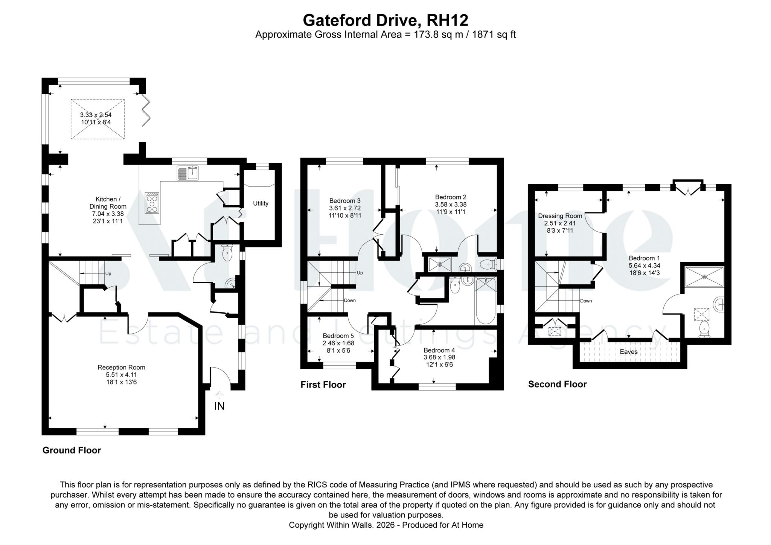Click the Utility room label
(x=261, y=203)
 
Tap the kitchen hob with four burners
(x=152, y=203)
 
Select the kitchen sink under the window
(x=187, y=173)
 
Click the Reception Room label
(x=121, y=367)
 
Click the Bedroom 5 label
(x=338, y=336)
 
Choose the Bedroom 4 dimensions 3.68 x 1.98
(x=439, y=357)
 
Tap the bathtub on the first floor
(x=485, y=301)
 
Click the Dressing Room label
(x=560, y=216)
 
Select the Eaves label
(x=628, y=352)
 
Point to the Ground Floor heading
(x=72, y=450)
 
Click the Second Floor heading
(x=557, y=384)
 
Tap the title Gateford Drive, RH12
(x=385, y=20)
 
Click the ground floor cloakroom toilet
(x=227, y=253)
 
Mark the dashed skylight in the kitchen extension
(x=98, y=119)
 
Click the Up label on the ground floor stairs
(x=108, y=274)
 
